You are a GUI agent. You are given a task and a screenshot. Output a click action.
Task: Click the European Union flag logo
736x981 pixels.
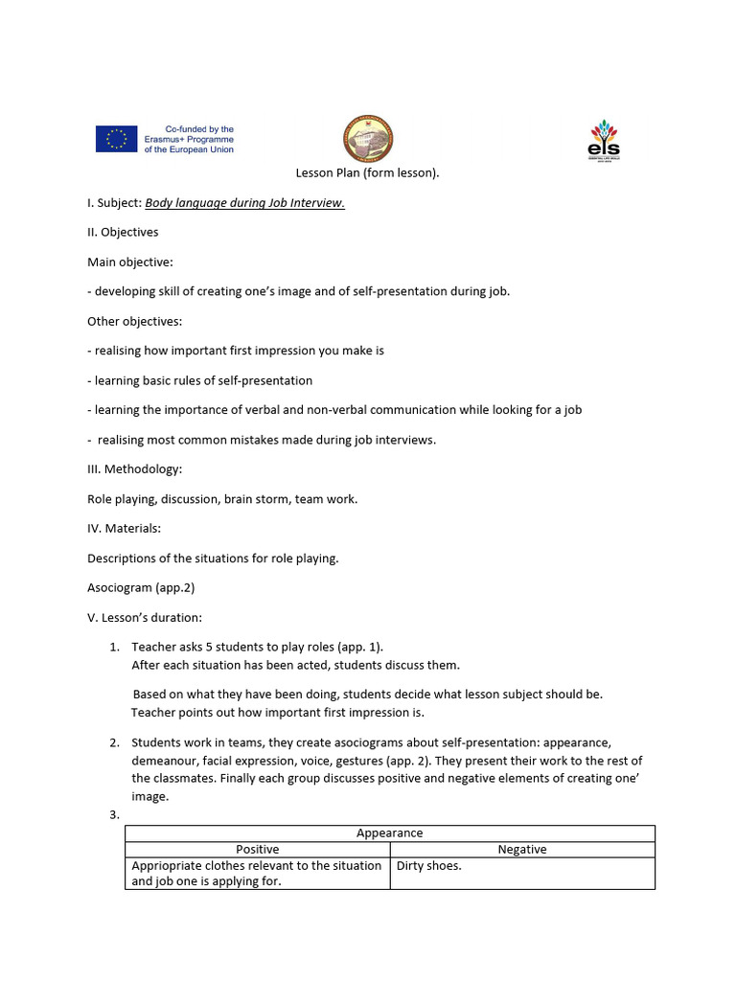coord(116,139)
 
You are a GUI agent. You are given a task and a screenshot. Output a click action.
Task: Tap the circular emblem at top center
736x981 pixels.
coord(368,140)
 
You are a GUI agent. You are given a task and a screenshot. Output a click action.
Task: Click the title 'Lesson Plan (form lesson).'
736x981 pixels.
coord(367,173)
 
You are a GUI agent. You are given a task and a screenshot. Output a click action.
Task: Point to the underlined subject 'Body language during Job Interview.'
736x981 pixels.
coord(244,203)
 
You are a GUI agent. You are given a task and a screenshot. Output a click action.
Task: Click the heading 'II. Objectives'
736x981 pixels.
coord(123,232)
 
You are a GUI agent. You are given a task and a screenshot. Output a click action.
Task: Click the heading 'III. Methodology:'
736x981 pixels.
coord(134,468)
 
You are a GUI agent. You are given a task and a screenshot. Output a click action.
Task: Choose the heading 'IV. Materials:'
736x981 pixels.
coord(124,528)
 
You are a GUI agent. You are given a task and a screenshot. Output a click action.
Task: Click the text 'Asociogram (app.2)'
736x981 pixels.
coord(141,587)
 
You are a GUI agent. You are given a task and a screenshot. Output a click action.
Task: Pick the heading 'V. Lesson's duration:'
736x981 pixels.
coord(144,617)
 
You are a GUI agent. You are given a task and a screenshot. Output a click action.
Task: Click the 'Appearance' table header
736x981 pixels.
coord(389,833)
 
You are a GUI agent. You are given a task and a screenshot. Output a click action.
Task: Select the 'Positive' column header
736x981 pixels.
coord(257,849)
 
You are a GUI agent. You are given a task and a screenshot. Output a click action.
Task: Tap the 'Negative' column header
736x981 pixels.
coord(522,849)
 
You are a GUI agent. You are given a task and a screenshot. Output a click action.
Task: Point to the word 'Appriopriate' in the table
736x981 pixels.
coord(165,866)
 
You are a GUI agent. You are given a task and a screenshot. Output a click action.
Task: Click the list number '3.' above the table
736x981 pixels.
coord(114,815)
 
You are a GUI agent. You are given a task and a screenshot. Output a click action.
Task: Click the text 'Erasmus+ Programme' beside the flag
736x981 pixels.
coord(189,139)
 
